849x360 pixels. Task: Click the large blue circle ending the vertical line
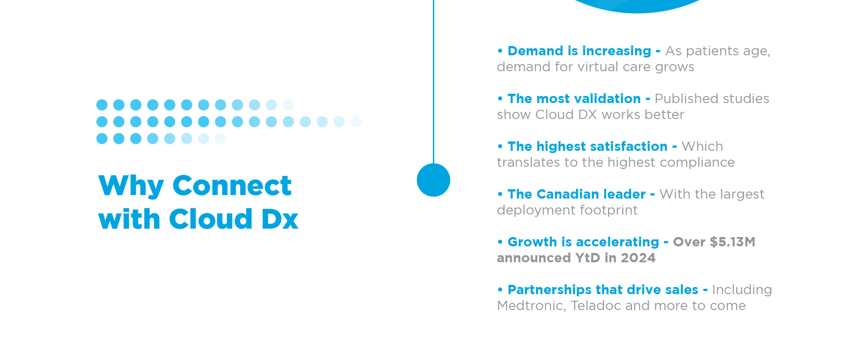(x=433, y=180)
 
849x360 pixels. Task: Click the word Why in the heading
(x=131, y=186)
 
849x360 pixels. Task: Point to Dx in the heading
(x=280, y=219)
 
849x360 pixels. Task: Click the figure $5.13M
(x=733, y=242)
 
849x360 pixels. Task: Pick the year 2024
(x=638, y=258)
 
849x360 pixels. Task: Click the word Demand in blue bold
(x=535, y=51)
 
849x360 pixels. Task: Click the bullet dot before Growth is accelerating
(x=500, y=242)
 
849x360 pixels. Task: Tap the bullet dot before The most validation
(x=500, y=99)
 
